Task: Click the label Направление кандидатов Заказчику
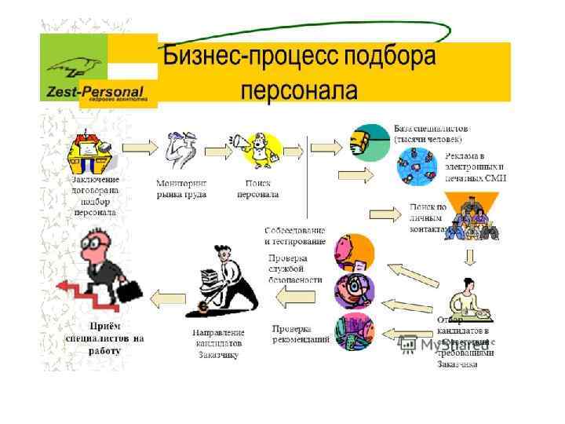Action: [218, 344]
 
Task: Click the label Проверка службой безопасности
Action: [295, 268]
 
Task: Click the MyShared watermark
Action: [443, 344]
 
